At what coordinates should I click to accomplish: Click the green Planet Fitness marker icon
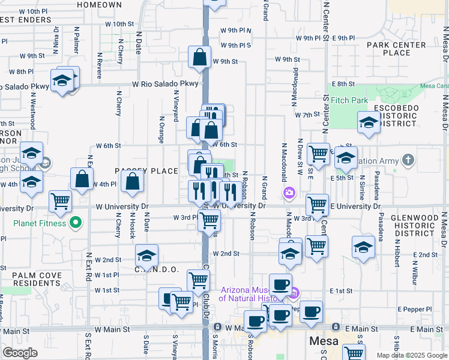pyautogui.click(x=75, y=224)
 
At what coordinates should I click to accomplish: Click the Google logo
pyautogui.click(x=20, y=353)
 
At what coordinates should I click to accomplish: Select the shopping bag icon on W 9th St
pyautogui.click(x=199, y=58)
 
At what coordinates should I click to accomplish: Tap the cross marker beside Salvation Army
pyautogui.click(x=409, y=160)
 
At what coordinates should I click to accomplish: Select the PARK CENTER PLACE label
pyautogui.click(x=396, y=49)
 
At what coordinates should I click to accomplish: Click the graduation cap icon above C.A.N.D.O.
pyautogui.click(x=146, y=256)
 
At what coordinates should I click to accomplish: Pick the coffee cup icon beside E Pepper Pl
pyautogui.click(x=311, y=311)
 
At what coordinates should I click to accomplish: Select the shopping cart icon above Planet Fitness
pyautogui.click(x=60, y=202)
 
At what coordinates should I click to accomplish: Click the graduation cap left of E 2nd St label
pyautogui.click(x=363, y=247)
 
